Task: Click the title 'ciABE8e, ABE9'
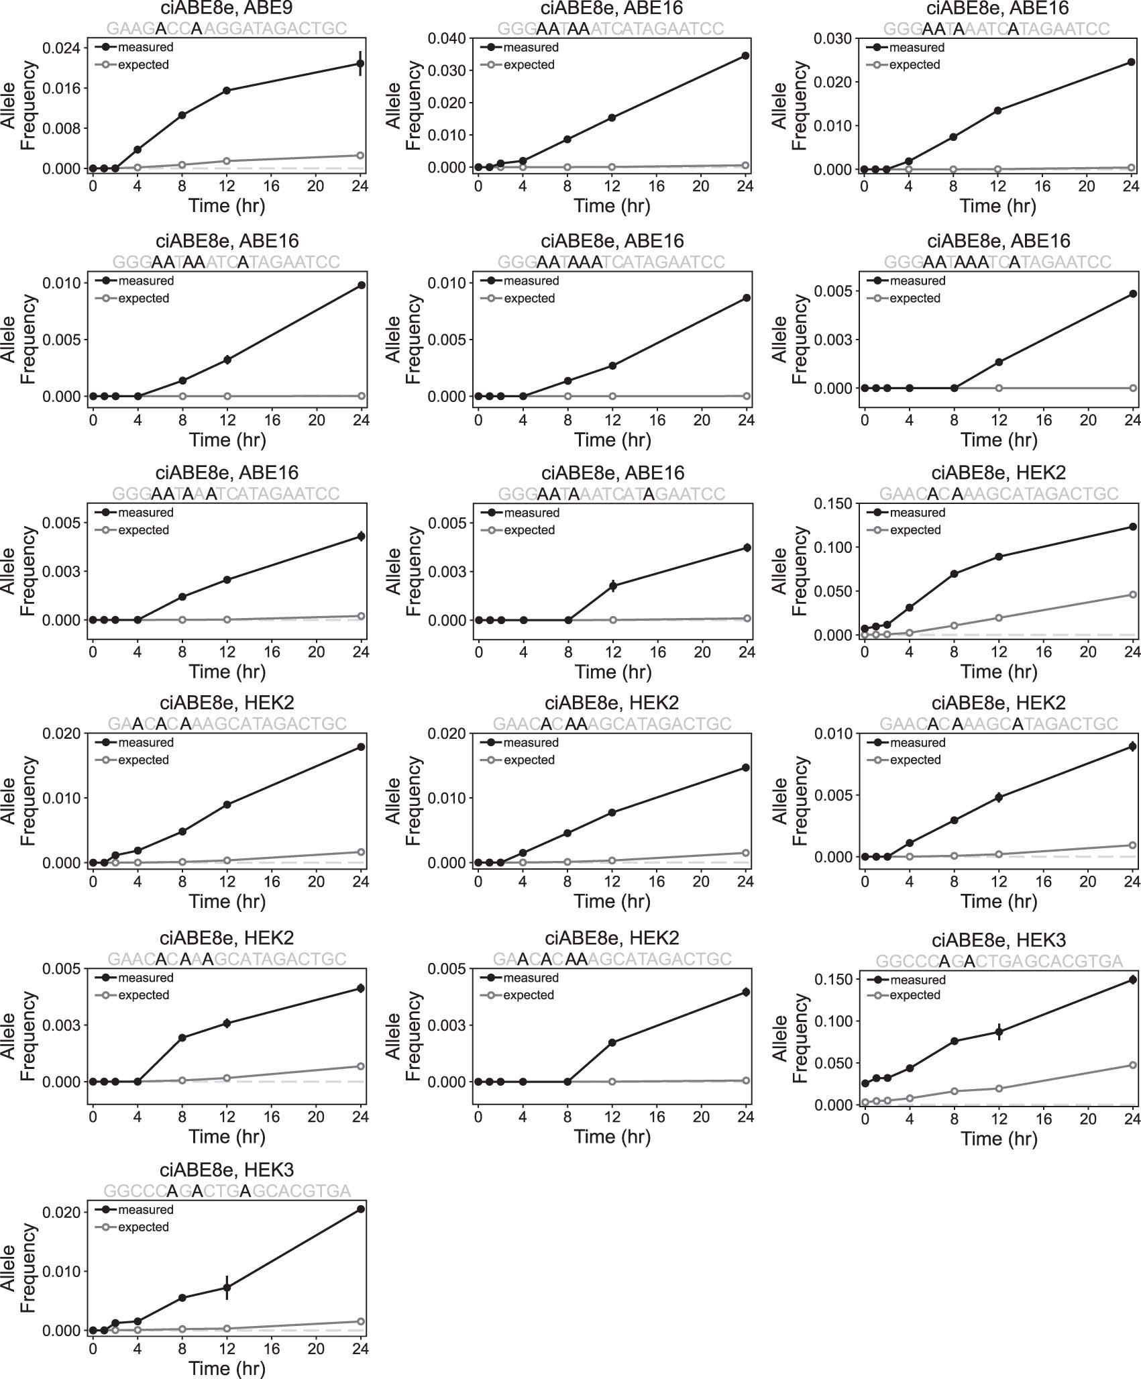pos(227,9)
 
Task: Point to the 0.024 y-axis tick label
pos(61,48)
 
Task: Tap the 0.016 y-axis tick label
pos(61,89)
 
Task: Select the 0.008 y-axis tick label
pos(61,128)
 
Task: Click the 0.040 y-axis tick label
pos(447,38)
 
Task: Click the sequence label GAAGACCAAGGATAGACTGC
pos(227,29)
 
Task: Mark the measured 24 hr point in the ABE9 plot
pos(360,64)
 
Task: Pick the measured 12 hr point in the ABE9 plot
pos(227,91)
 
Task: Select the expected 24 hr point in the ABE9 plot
pos(360,156)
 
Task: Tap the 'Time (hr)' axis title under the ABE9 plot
pos(227,205)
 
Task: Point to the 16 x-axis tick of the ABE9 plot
pos(271,186)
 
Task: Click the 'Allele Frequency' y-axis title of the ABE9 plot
pos(18,105)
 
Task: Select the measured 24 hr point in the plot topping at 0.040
pos(745,56)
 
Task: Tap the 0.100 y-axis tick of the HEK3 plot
pos(832,1021)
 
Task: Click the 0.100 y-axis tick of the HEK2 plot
pos(832,548)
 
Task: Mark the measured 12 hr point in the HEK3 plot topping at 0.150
pos(999,1032)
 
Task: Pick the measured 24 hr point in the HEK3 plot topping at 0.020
pos(360,1209)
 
